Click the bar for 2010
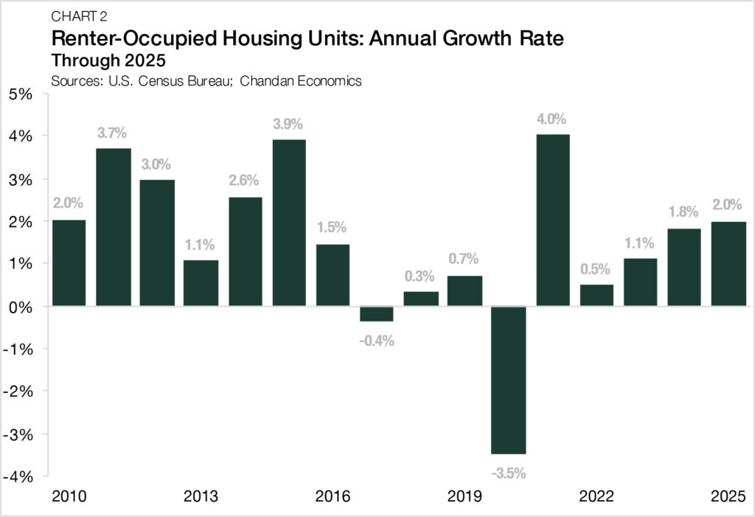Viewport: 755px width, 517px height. coord(69,263)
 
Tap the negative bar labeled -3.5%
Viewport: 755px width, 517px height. coord(509,380)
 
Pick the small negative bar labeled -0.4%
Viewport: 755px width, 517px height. coord(377,313)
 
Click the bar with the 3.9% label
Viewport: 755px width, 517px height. coord(289,222)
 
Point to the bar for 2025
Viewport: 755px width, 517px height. coord(728,263)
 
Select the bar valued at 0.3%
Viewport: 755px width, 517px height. coord(421,299)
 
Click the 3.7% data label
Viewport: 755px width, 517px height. coord(112,133)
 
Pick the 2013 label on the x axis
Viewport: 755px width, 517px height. coord(201,496)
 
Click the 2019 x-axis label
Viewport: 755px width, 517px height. coord(465,496)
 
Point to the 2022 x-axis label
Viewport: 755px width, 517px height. coord(596,496)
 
